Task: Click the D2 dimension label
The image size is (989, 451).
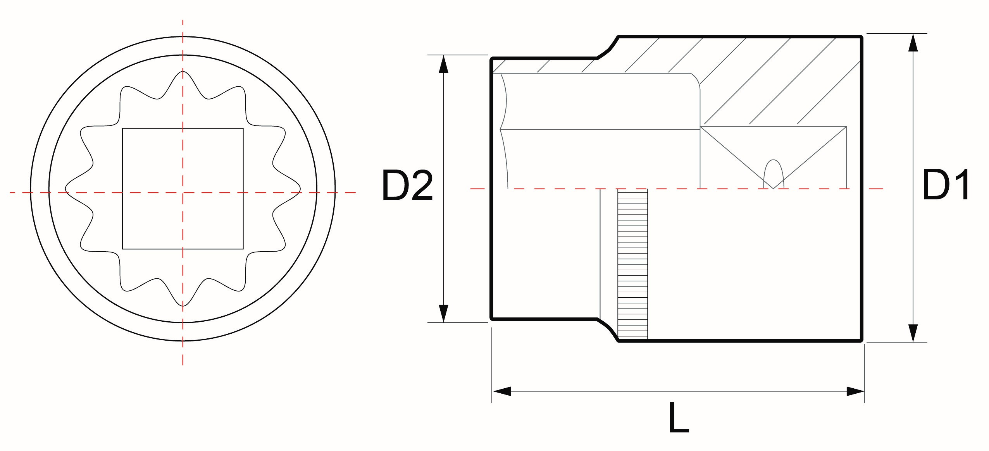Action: (x=407, y=185)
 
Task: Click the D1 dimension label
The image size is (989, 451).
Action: (x=946, y=184)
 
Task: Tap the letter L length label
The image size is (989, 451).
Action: (x=679, y=417)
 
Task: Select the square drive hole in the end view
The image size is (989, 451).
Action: (x=183, y=189)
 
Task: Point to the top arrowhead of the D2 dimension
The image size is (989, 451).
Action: (x=443, y=64)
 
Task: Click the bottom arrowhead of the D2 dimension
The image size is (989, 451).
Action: (x=443, y=314)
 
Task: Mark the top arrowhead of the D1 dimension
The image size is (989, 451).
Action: (x=913, y=42)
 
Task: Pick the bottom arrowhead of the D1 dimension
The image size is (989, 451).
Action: (x=913, y=333)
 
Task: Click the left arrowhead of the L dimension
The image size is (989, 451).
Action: (x=501, y=391)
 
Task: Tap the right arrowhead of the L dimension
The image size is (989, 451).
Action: (x=855, y=391)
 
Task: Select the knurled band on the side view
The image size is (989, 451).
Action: (x=632, y=264)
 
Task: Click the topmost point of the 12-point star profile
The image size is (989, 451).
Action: (x=183, y=71)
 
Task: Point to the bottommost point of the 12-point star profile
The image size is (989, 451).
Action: (x=183, y=306)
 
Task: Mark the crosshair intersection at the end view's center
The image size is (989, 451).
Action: (x=183, y=192)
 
